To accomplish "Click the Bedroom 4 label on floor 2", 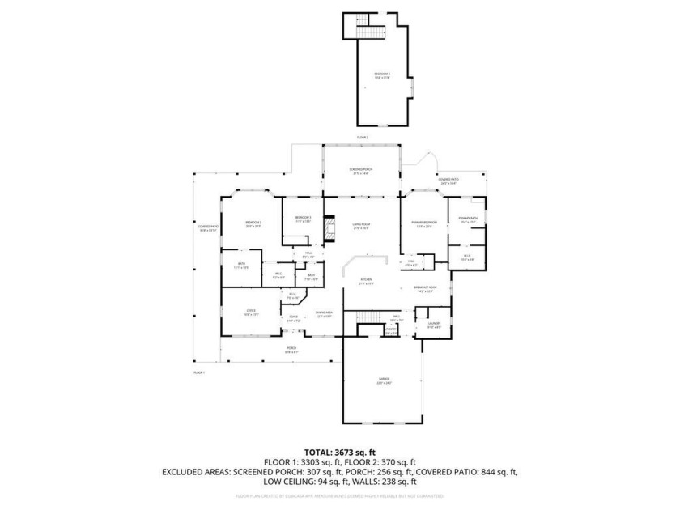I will click(382, 75).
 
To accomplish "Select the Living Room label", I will click(360, 227).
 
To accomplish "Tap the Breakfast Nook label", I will click(425, 289).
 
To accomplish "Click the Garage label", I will click(385, 380).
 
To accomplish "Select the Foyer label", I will click(293, 319).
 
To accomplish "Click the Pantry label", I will click(368, 331).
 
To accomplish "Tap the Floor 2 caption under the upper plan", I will click(362, 138).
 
